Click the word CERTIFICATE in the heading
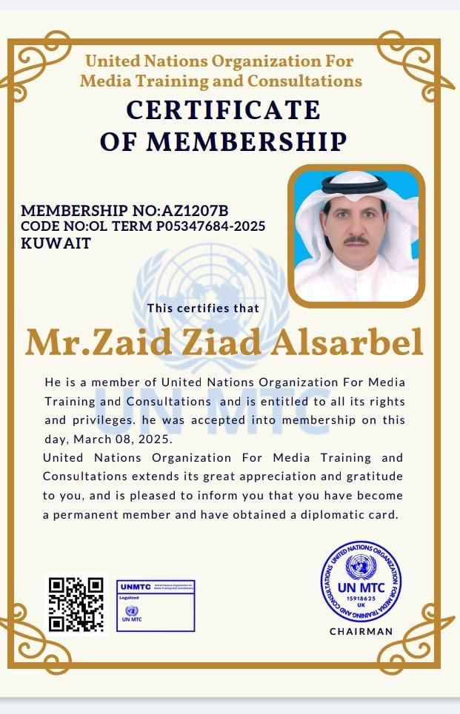tap(223, 110)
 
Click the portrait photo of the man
tap(356, 235)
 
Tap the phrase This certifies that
tap(203, 308)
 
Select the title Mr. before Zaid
tap(50, 342)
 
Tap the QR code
tap(76, 604)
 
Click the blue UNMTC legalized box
tap(156, 604)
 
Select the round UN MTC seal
tap(361, 582)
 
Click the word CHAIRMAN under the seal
tap(361, 631)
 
